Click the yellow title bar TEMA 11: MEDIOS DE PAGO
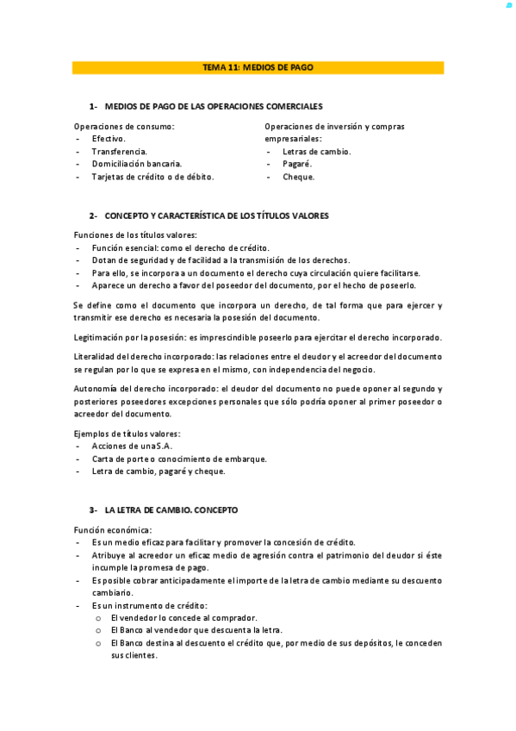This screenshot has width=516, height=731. click(258, 67)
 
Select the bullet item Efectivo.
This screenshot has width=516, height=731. click(109, 139)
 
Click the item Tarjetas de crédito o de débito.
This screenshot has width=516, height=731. click(152, 177)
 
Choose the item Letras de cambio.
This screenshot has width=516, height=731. click(316, 152)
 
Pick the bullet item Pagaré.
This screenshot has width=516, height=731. click(297, 164)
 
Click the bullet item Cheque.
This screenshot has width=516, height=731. click(298, 177)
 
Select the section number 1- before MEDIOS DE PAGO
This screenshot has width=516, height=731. click(93, 106)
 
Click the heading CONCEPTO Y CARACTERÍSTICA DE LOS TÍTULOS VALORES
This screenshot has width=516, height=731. click(216, 216)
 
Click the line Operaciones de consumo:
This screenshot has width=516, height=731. click(124, 127)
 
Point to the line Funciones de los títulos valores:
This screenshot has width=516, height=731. click(135, 235)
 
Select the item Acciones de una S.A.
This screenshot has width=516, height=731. click(132, 446)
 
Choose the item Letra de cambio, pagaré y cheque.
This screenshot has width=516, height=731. click(159, 472)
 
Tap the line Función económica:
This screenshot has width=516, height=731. click(113, 529)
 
